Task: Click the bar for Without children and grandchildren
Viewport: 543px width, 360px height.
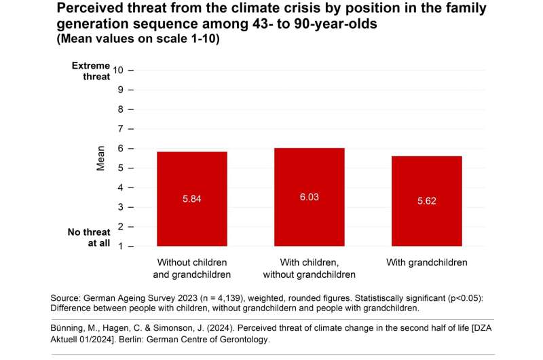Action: pyautogui.click(x=191, y=198)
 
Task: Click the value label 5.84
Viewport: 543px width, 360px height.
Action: pyautogui.click(x=191, y=199)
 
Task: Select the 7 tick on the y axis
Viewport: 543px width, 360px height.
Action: pyautogui.click(x=120, y=128)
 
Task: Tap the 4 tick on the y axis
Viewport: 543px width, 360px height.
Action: pyautogui.click(x=120, y=187)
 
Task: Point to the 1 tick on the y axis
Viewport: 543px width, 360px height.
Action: pyautogui.click(x=120, y=246)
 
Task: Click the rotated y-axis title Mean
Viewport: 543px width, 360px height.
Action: pyautogui.click(x=100, y=158)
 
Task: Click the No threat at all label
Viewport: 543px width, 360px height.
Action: pyautogui.click(x=88, y=237)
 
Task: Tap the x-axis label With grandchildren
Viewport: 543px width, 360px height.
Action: pyautogui.click(x=427, y=262)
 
